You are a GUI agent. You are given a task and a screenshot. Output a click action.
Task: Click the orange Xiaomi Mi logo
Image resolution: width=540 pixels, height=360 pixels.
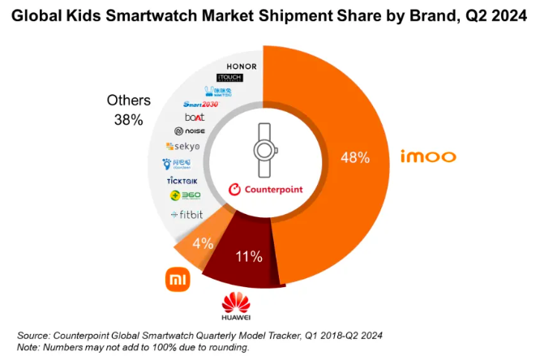178,281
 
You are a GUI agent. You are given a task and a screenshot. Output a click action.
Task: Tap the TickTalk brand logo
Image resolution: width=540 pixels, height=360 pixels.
182,179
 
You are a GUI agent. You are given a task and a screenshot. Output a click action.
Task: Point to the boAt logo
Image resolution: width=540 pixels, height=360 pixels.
195,117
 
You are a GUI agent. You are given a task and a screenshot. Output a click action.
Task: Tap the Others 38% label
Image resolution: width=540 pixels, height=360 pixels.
129,110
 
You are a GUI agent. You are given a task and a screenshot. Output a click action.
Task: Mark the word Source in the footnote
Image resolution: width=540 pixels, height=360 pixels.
34,335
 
